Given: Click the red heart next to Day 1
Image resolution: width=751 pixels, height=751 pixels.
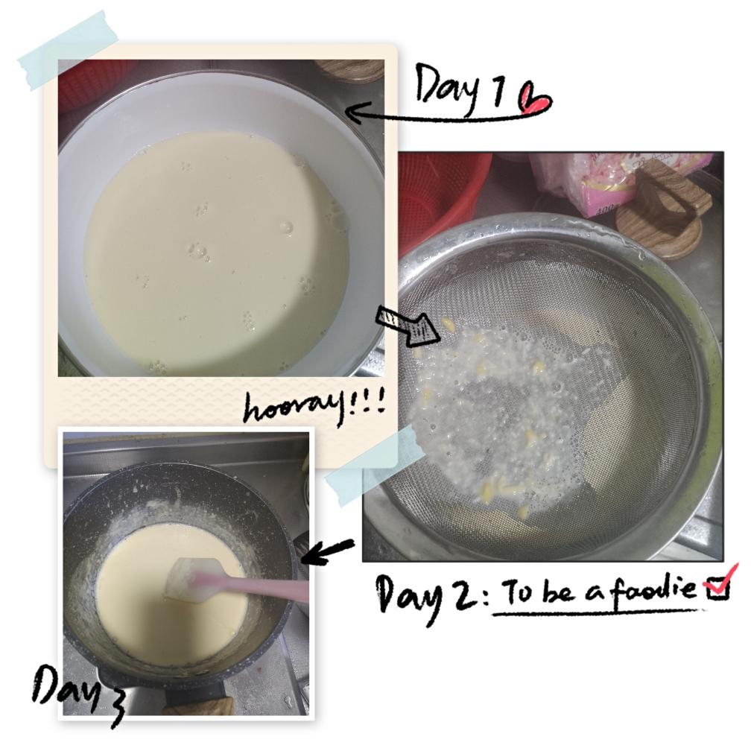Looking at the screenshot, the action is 534,99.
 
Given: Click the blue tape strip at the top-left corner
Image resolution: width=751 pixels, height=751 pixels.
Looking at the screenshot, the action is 68,50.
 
